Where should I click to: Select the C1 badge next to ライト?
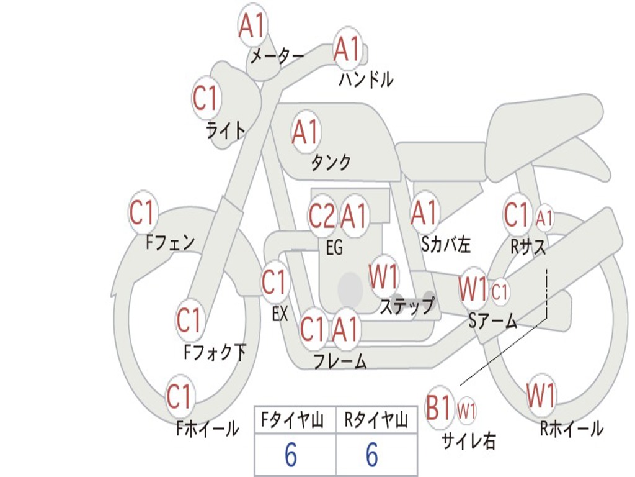point(206,98)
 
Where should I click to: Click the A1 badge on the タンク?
point(305,132)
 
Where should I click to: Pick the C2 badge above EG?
point(321,216)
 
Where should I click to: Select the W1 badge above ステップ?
point(384,277)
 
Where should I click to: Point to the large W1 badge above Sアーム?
point(473,289)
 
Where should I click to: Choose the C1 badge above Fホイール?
point(179,396)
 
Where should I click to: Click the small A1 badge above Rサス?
point(544,219)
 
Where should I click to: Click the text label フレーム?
point(340,361)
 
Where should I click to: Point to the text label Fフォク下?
point(215,353)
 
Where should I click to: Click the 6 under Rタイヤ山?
point(372,455)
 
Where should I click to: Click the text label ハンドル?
point(366,79)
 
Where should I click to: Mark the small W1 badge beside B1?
point(466,411)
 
